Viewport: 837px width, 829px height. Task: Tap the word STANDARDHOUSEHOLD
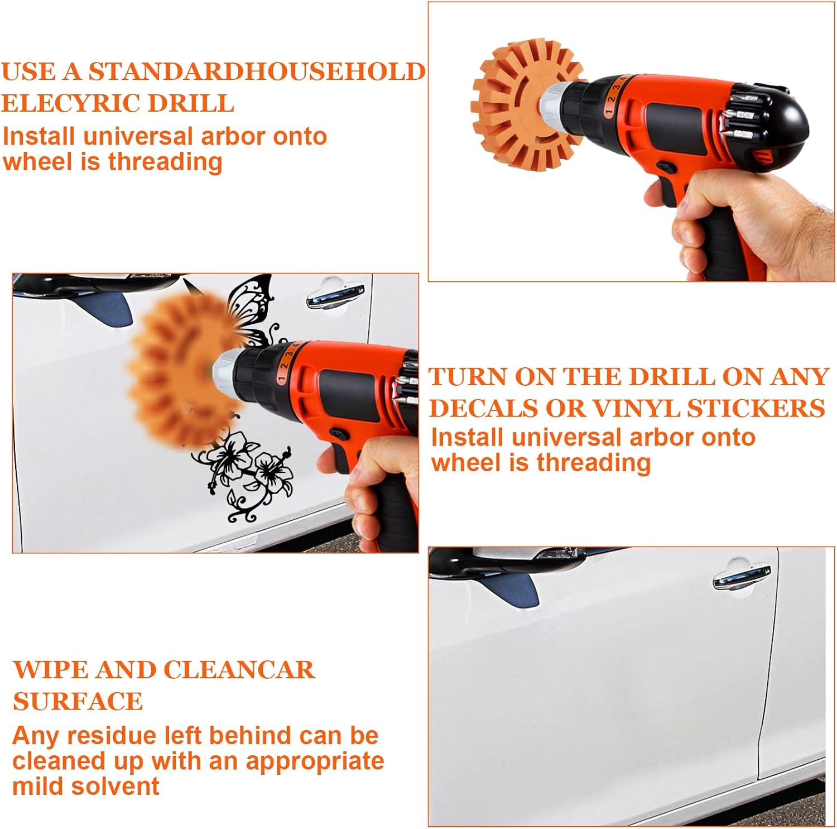pyautogui.click(x=257, y=71)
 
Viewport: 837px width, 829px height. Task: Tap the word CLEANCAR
pyautogui.click(x=239, y=670)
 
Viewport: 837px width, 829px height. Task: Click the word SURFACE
pyautogui.click(x=78, y=701)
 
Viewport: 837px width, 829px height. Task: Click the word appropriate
pyautogui.click(x=315, y=761)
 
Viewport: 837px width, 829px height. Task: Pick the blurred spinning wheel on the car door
pyautogui.click(x=179, y=368)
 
